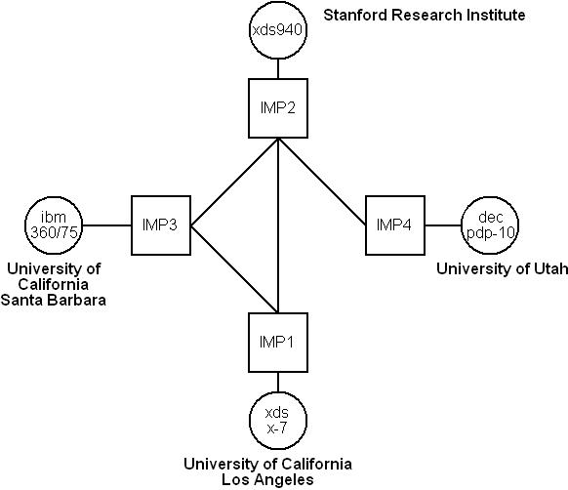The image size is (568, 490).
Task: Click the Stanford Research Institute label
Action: pyautogui.click(x=425, y=16)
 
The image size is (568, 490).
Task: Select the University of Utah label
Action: pyautogui.click(x=502, y=269)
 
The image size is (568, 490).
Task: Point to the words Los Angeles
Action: pyautogui.click(x=267, y=479)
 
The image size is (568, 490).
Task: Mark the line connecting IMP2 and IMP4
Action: pyautogui.click(x=322, y=182)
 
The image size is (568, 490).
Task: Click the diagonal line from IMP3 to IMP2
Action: pyautogui.click(x=234, y=183)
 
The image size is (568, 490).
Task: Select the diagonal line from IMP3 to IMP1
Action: pyautogui.click(x=234, y=269)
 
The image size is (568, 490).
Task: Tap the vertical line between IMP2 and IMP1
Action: pyautogui.click(x=278, y=225)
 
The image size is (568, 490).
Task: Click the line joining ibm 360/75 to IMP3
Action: pyautogui.click(x=106, y=225)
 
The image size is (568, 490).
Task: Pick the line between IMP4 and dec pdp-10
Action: pyautogui.click(x=443, y=225)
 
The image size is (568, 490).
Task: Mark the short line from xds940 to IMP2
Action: pyautogui.click(x=278, y=69)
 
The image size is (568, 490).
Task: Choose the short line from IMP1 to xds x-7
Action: pyautogui.click(x=278, y=382)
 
